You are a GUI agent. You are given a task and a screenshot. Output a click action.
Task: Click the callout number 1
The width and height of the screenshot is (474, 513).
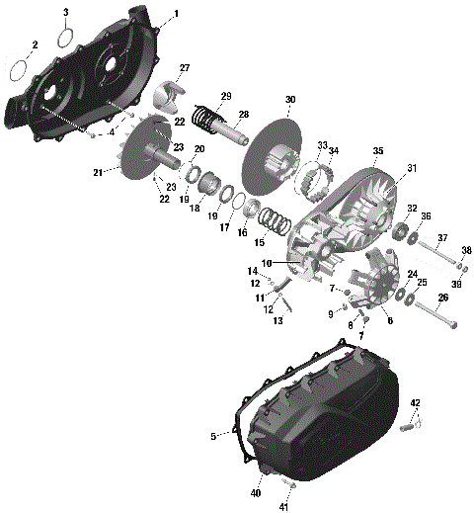click(176, 14)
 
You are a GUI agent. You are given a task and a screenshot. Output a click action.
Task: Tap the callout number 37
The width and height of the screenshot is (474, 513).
click(442, 238)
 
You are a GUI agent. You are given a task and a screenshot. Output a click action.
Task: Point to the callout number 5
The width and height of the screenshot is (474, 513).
click(213, 436)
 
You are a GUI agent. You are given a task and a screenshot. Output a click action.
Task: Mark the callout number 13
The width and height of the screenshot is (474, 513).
click(277, 321)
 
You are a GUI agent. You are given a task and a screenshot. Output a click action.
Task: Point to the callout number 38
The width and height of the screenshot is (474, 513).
click(466, 250)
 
